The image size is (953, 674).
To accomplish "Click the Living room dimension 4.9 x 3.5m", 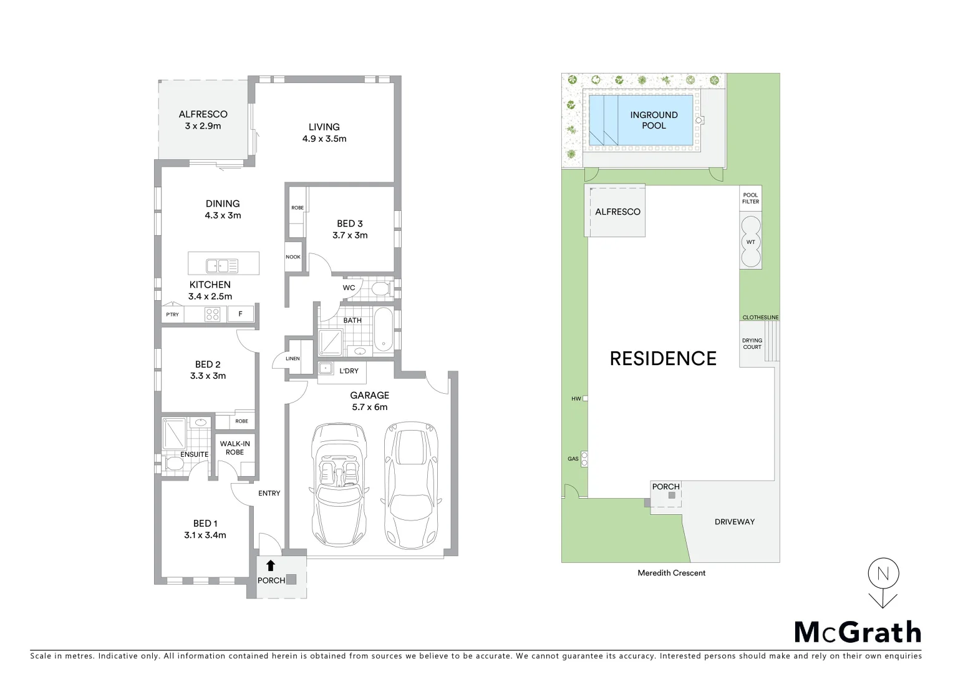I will [x=324, y=139].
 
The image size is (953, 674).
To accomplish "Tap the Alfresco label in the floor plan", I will [x=203, y=114].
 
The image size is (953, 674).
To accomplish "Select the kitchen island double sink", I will [x=222, y=266].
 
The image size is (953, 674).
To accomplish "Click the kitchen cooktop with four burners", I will [x=213, y=315].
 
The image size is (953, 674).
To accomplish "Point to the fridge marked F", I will [x=240, y=314].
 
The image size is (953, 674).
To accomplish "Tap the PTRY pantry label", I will [x=172, y=315].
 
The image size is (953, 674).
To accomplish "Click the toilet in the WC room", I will [x=380, y=289].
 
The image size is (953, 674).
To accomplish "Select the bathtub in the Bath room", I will [x=384, y=329].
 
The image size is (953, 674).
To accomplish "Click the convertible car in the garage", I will [x=337, y=484].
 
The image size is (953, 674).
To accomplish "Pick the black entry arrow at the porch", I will [x=271, y=566].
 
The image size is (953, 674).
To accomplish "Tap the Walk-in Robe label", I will [x=235, y=448].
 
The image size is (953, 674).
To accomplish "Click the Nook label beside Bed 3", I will [x=293, y=257].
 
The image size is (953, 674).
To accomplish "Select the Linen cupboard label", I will [x=293, y=359].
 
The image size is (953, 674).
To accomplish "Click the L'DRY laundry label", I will [x=349, y=371].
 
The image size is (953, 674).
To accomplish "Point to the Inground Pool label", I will [x=654, y=120].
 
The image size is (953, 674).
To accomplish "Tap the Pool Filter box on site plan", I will [x=750, y=198].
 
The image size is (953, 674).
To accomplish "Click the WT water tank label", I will [x=750, y=242].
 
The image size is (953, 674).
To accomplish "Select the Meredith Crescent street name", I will [x=671, y=573].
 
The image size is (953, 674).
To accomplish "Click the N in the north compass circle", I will [x=883, y=574].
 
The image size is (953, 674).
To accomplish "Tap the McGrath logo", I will [x=858, y=632].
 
